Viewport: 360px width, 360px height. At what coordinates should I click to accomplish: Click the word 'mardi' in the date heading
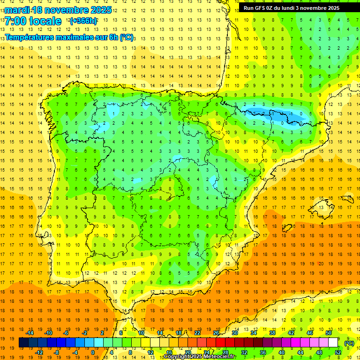(15, 10)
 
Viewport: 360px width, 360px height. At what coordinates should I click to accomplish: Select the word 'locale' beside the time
(45, 21)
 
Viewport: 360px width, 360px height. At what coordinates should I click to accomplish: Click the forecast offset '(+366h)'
(83, 21)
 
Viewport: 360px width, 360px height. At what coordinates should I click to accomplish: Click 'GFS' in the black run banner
(262, 8)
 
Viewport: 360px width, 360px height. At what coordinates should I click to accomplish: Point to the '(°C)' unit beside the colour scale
(349, 343)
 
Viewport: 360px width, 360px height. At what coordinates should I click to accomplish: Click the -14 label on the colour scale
(30, 333)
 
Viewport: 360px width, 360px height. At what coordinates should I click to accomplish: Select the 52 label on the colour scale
(337, 352)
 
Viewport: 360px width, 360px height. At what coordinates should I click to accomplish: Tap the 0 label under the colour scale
(92, 352)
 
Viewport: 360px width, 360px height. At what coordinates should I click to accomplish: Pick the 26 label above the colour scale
(216, 333)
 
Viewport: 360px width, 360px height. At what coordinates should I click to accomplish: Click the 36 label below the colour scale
(262, 352)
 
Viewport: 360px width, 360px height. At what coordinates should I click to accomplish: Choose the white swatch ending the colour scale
(333, 343)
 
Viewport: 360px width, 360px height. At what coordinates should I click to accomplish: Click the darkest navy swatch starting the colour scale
(23, 343)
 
